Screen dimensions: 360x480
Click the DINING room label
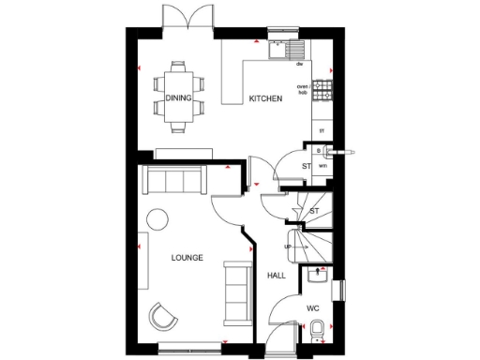178,97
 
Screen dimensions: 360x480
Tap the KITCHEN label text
265,97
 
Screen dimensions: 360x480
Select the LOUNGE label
187,256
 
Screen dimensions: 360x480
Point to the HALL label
277,276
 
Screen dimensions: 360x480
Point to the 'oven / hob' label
303,89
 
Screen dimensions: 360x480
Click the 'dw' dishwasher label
299,65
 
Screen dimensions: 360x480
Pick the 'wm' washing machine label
322,165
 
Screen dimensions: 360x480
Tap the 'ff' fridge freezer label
322,130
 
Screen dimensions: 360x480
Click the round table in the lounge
157,218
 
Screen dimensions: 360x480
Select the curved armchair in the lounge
164,316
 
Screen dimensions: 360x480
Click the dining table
179,93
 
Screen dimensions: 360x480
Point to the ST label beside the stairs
314,211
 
